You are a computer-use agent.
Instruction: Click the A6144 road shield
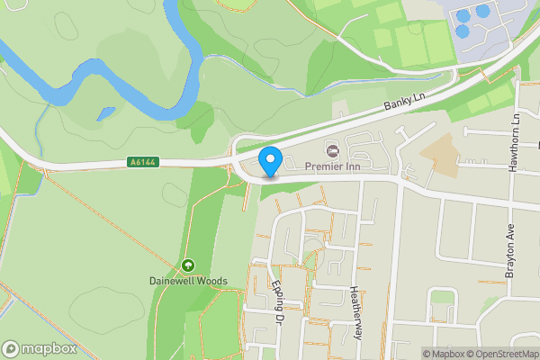[x=141, y=162]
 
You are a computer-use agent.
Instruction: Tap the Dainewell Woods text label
[x=188, y=281]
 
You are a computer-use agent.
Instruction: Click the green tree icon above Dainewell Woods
[x=188, y=265]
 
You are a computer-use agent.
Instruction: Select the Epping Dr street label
[x=277, y=303]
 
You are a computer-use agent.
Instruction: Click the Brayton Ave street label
[x=509, y=251]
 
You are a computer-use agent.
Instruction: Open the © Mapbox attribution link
[x=445, y=354]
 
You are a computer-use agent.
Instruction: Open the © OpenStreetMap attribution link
[x=503, y=354]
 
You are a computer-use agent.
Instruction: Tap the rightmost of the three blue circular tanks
[x=483, y=11]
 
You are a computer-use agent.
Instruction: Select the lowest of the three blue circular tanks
[x=463, y=31]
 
